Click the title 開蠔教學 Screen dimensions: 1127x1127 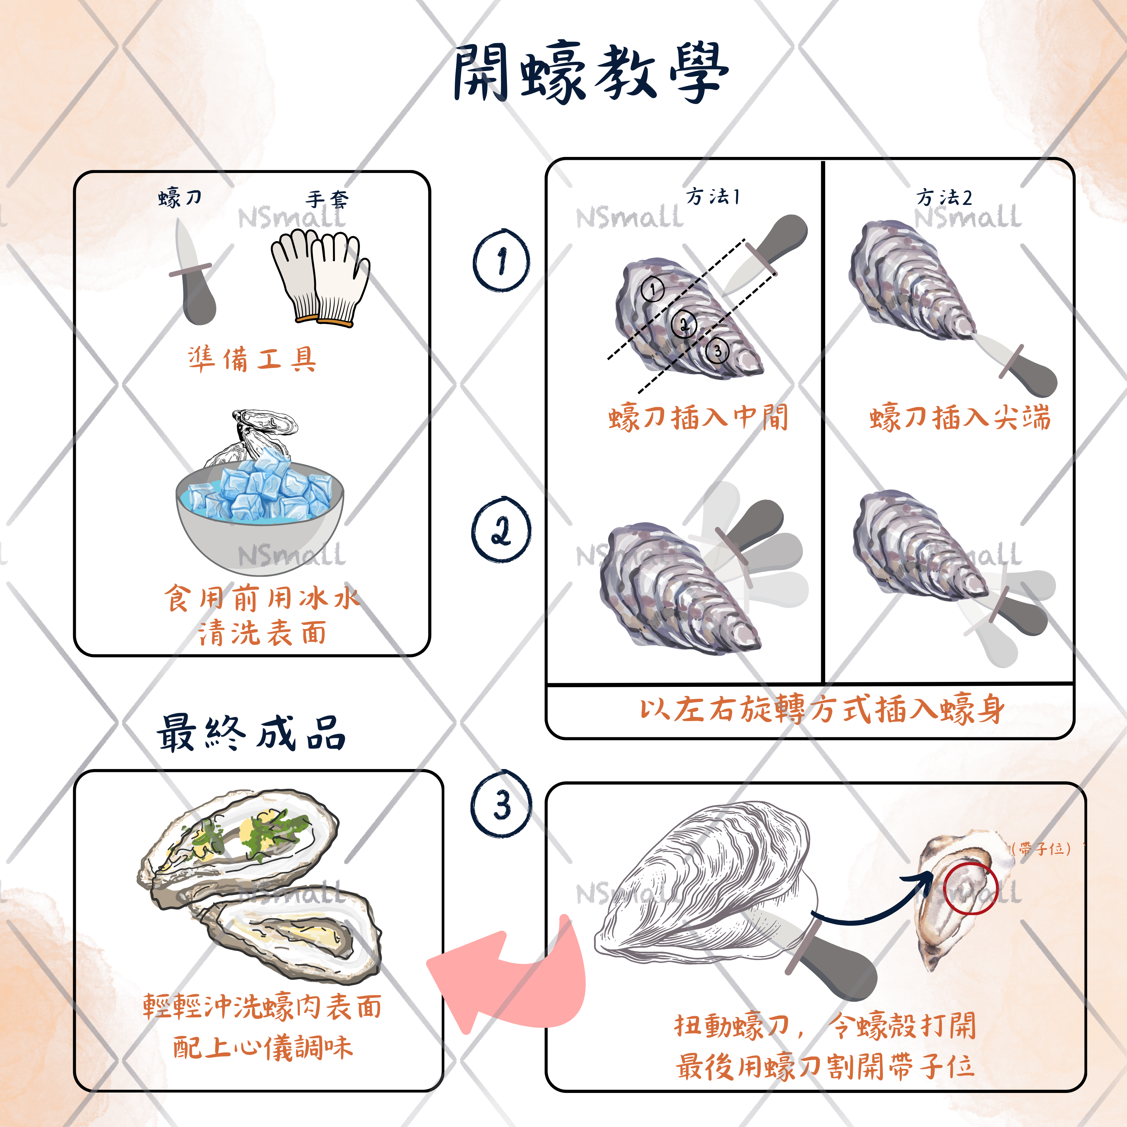(x=590, y=72)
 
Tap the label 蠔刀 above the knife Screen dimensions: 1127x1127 (x=180, y=198)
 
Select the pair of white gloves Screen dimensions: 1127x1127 (x=320, y=277)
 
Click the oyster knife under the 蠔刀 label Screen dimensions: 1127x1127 (x=194, y=274)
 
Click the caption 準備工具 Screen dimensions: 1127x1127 (x=252, y=358)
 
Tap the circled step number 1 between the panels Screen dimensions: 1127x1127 (x=501, y=260)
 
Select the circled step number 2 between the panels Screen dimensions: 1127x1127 (x=501, y=530)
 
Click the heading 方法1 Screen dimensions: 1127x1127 (x=713, y=197)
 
